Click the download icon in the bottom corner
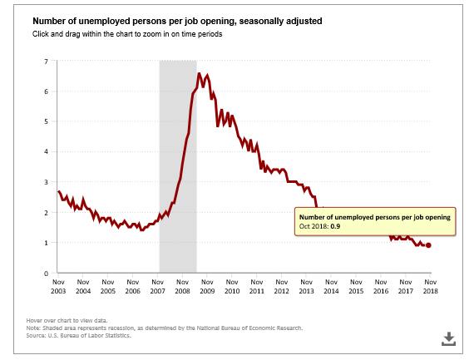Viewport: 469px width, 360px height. point(449,338)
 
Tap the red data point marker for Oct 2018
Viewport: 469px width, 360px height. point(428,245)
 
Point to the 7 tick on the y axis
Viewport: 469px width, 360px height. point(46,62)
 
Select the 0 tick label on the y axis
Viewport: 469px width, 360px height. point(46,274)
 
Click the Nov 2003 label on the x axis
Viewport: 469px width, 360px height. point(58,287)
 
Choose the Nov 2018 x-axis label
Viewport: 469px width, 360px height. point(431,287)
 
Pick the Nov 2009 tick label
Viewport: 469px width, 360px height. point(207,287)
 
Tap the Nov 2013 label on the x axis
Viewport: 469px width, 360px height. point(306,287)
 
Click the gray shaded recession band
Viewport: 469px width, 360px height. point(178,166)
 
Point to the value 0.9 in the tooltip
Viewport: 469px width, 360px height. point(335,226)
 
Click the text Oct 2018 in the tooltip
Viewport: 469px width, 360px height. point(313,226)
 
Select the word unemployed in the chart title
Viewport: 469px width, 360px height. point(98,22)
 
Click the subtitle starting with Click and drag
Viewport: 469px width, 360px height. point(127,34)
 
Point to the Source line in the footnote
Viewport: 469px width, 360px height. point(78,336)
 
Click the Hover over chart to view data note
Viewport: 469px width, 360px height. point(67,321)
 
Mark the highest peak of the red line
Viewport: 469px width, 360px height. point(200,73)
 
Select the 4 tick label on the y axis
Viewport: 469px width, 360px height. point(46,151)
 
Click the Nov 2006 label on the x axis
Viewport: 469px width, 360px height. point(133,287)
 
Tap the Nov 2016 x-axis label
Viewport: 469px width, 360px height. point(381,287)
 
